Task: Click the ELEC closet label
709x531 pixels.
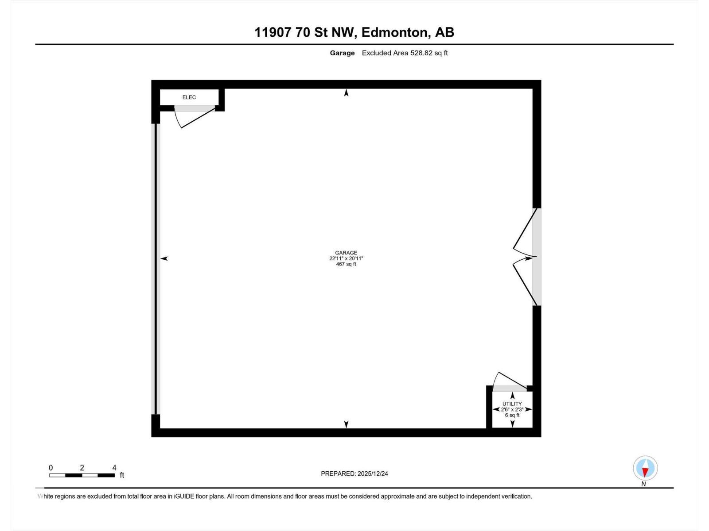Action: pos(189,97)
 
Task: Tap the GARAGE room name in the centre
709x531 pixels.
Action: pos(346,253)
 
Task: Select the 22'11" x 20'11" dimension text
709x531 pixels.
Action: pos(346,259)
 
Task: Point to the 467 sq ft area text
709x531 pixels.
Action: pos(346,265)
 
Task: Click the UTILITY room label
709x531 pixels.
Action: pos(512,404)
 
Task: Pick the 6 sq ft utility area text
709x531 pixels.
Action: pos(512,416)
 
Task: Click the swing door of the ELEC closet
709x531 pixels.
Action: pos(195,116)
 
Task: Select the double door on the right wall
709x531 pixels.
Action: pos(525,257)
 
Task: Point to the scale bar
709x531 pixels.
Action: pos(82,475)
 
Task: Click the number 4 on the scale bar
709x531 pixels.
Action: pos(114,468)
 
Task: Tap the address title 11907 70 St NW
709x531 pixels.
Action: pos(305,32)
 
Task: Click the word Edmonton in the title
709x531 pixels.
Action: pos(395,32)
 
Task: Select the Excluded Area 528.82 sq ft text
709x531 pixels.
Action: pos(405,53)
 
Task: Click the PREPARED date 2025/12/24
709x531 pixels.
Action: pos(372,473)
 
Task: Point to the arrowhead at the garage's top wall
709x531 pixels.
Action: pos(347,93)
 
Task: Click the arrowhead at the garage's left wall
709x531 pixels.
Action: pos(164,258)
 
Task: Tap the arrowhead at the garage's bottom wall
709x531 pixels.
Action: pos(347,424)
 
